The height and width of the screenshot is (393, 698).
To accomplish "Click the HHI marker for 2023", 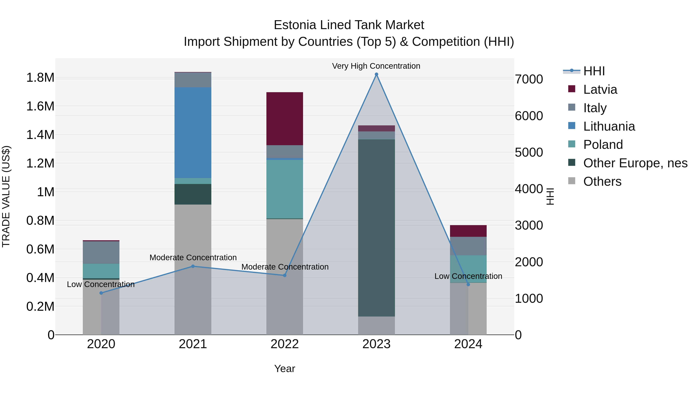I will tap(376, 74).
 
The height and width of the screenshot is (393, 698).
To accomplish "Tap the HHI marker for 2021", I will tap(193, 266).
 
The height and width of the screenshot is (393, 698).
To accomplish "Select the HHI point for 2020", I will tap(101, 293).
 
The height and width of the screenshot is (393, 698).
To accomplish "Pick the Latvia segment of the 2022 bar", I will tap(284, 119).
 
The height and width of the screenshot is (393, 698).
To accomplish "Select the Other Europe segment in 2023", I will tap(376, 228).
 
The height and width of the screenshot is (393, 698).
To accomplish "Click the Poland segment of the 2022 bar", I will tap(284, 189).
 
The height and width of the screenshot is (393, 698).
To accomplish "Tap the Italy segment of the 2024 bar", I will tap(468, 246).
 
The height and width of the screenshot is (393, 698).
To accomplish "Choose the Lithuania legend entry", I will tap(609, 126).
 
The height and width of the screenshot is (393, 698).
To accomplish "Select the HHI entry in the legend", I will tap(594, 71).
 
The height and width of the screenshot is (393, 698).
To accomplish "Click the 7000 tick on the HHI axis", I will tap(529, 79).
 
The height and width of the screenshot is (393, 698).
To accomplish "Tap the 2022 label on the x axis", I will tap(284, 344).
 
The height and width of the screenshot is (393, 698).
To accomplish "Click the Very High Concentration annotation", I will tap(376, 66).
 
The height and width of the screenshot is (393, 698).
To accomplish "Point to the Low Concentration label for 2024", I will tap(468, 276).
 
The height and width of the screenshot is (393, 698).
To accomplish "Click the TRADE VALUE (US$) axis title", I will tap(6, 196).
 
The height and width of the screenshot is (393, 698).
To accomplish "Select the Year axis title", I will tap(284, 369).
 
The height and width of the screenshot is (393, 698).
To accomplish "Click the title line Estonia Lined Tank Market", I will tap(349, 25).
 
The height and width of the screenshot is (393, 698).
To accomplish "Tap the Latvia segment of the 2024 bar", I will tap(468, 231).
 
